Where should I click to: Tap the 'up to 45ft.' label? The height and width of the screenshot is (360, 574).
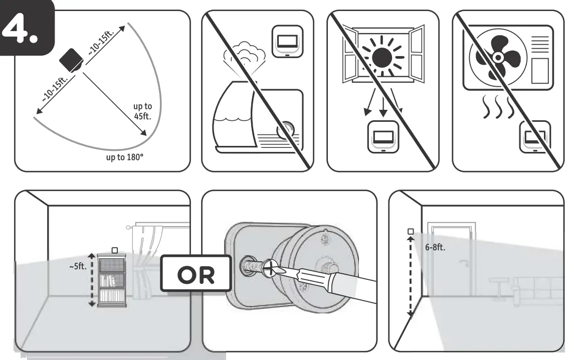tap(142, 111)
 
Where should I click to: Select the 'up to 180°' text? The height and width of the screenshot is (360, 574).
tap(124, 157)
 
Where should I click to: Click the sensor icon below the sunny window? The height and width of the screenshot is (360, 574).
tap(382, 135)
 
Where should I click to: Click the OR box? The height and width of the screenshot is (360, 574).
tap(196, 273)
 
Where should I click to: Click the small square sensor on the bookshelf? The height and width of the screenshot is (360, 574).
tap(114, 249)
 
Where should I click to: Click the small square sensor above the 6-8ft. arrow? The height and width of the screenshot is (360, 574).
tap(411, 231)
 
